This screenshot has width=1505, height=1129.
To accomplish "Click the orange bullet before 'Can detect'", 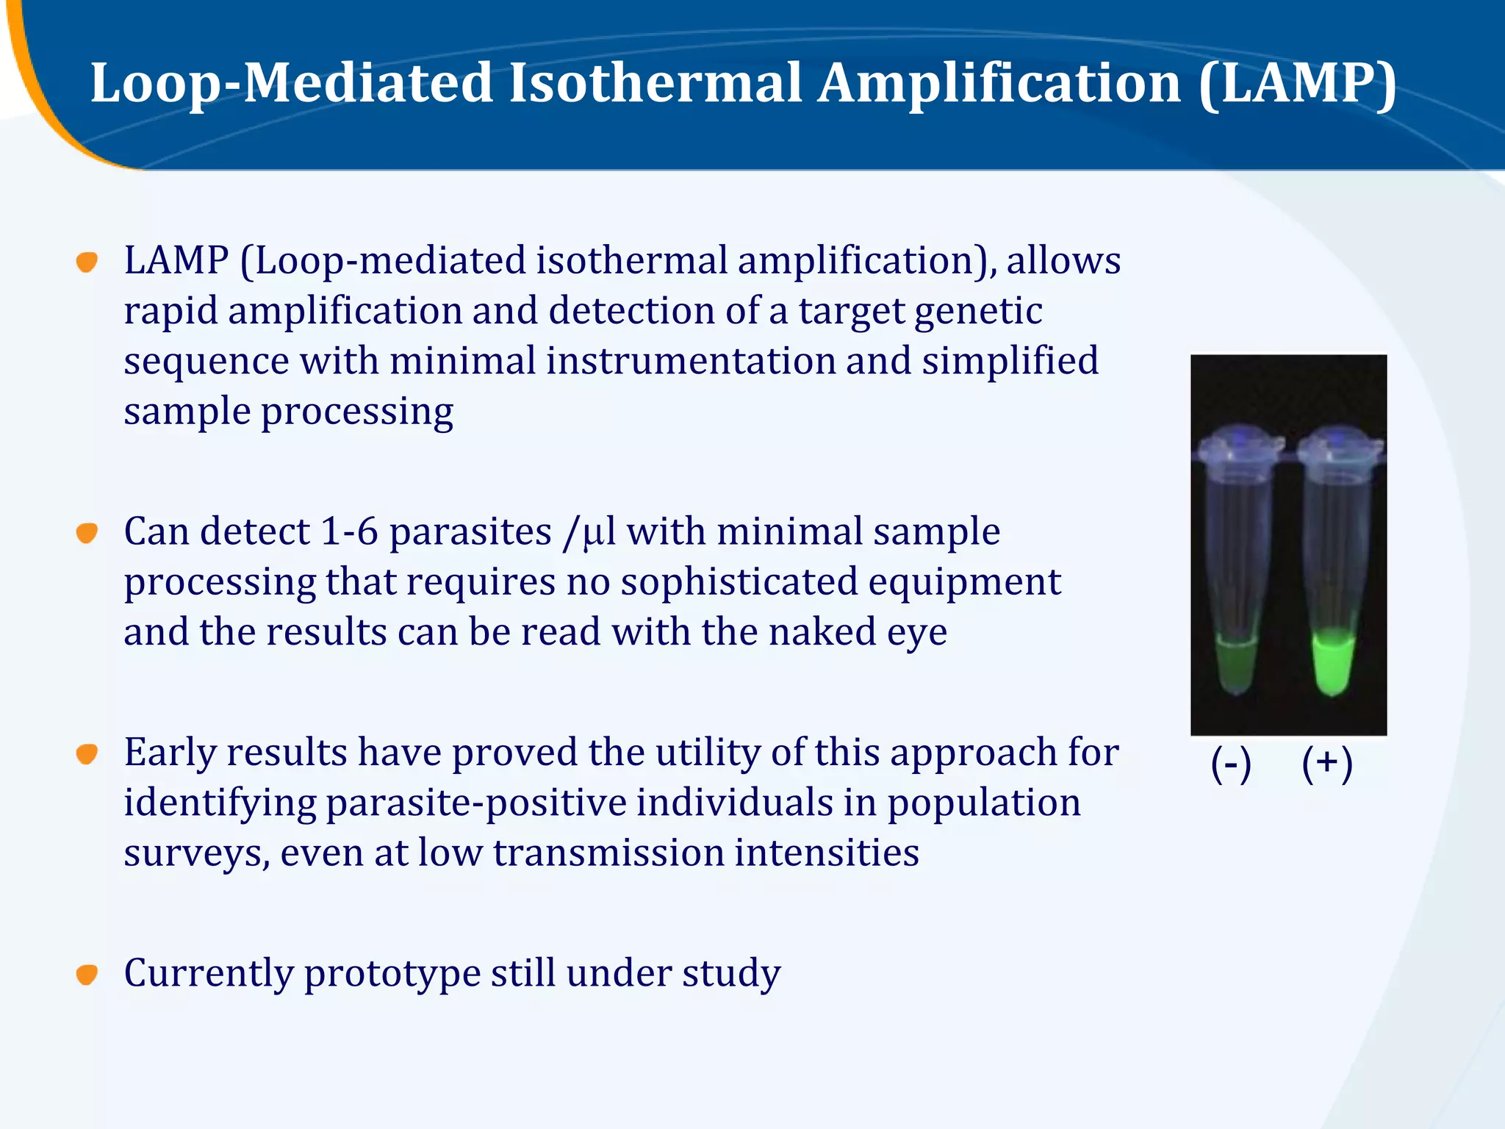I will [x=87, y=533].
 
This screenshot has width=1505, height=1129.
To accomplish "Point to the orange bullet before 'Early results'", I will [x=87, y=753].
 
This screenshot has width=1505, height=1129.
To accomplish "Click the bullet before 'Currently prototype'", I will [x=87, y=975].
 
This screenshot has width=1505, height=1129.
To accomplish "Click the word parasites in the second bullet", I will [x=470, y=533].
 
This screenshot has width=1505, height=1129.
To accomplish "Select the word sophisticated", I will [x=739, y=582].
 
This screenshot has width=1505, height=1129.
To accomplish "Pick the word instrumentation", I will [x=691, y=362].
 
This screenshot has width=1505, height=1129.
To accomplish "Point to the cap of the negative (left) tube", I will [x=1237, y=445].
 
